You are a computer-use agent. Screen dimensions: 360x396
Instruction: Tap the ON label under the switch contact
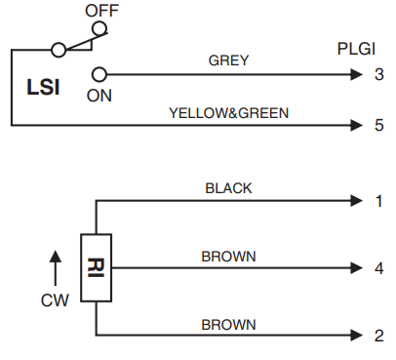[x=99, y=96]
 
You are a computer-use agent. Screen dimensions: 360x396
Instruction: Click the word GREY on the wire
[x=229, y=60]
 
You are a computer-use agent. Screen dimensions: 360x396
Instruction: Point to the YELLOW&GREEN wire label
[x=229, y=112]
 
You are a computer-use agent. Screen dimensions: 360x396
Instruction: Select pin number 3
[x=379, y=73]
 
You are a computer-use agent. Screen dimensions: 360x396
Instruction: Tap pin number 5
[x=379, y=125]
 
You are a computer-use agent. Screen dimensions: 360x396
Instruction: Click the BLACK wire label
[x=229, y=187]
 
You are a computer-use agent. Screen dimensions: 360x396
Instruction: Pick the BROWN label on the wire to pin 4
[x=229, y=257]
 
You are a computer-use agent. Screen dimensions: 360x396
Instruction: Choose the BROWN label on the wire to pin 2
[x=229, y=324]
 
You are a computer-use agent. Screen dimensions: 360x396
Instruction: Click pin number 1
[x=379, y=201]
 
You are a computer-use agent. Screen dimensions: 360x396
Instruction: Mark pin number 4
[x=379, y=269]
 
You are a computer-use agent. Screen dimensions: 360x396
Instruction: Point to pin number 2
[x=379, y=337]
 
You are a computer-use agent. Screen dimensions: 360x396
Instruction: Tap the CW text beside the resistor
[x=55, y=301]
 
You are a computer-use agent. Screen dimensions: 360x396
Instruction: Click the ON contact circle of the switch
[x=99, y=73]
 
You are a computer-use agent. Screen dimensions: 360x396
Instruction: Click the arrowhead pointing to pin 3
[x=354, y=73]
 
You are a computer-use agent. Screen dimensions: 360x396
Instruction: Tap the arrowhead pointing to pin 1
[x=354, y=201]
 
